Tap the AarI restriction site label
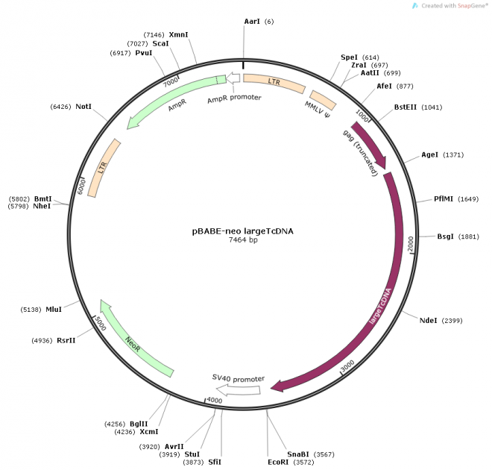[252, 22]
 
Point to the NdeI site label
[428, 321]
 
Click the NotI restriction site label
[83, 107]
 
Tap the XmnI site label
[179, 35]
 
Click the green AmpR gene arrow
[175, 100]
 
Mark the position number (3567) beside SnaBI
[325, 454]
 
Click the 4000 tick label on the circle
[215, 401]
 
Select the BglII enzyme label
[139, 424]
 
